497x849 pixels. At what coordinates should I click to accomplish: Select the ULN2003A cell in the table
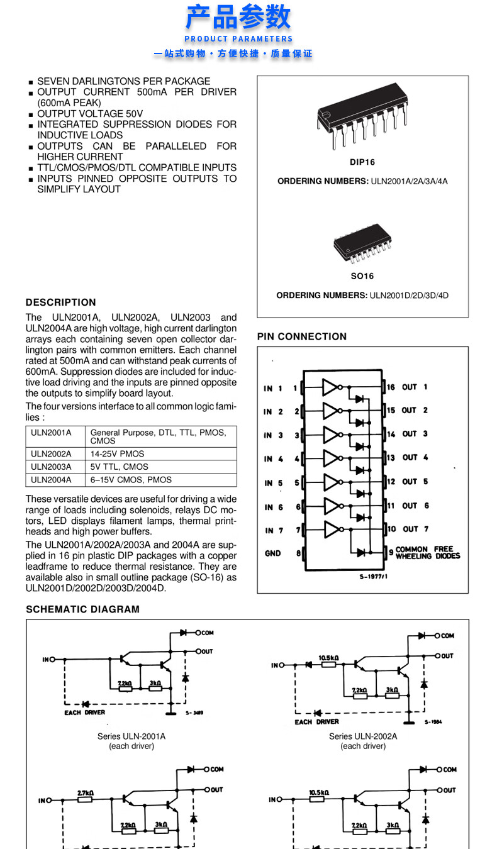pos(52,467)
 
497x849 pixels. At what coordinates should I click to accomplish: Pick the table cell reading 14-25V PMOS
pos(118,453)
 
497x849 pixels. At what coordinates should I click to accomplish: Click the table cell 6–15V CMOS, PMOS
pos(131,480)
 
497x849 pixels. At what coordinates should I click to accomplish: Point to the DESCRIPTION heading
pos(61,302)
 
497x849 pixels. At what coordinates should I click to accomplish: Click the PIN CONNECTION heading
pos(302,336)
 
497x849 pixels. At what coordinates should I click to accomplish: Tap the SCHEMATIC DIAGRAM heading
pos(82,609)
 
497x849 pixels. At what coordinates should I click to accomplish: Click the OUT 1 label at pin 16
pos(415,387)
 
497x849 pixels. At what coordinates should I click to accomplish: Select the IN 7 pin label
pos(273,530)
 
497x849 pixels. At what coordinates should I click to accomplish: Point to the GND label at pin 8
pos(272,553)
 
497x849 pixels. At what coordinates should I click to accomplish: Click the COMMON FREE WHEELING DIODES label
pos(428,553)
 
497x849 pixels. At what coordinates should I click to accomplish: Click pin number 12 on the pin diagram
pos(391,482)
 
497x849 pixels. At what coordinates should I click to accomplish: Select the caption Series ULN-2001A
pos(131,736)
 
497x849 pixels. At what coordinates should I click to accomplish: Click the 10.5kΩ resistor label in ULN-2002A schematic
pos(328,658)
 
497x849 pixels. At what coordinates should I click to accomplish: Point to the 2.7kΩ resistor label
pos(86,794)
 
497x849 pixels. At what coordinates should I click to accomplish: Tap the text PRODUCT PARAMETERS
pos(238,39)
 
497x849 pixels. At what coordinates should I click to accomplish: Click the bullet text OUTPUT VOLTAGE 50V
pos(90,114)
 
